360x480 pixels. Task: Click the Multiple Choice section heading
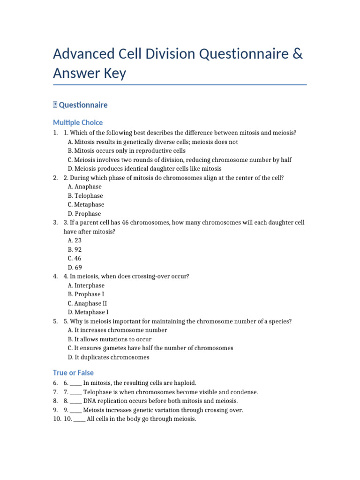click(78, 122)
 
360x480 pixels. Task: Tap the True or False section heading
click(73, 373)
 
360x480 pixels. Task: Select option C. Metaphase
click(86, 205)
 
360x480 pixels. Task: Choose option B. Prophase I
click(86, 294)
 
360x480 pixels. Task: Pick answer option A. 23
click(75, 240)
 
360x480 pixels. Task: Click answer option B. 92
click(75, 249)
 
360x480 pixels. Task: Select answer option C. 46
click(75, 258)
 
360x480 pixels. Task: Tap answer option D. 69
click(75, 267)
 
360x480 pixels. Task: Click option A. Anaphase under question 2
click(85, 187)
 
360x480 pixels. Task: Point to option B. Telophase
click(85, 196)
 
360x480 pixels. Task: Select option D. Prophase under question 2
click(84, 214)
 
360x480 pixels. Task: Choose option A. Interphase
click(86, 285)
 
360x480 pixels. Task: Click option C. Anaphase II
click(87, 303)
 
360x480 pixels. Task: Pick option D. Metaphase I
click(88, 312)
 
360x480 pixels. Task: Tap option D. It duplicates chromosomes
click(108, 357)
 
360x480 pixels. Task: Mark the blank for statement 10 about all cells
click(79, 420)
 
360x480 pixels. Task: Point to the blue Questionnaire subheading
click(83, 105)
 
